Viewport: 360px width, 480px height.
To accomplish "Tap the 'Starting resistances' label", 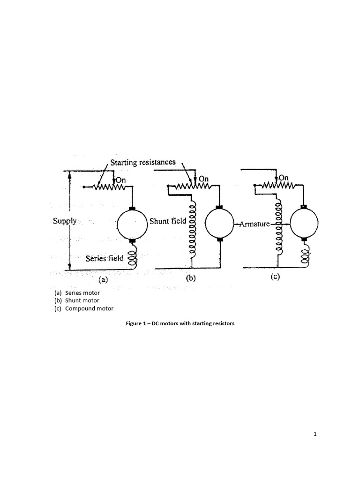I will tap(143, 162).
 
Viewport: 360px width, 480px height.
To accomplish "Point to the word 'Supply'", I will tap(65, 221).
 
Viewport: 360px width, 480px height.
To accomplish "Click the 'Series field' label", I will tap(105, 258).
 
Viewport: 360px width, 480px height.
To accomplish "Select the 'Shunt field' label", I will tap(168, 221).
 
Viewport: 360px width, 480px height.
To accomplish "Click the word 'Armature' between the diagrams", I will tap(255, 224).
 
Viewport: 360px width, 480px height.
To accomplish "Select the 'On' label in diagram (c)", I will tap(284, 178).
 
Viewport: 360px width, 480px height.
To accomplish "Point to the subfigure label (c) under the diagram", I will tap(275, 277).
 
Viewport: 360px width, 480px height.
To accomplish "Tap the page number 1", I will tap(315, 434).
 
